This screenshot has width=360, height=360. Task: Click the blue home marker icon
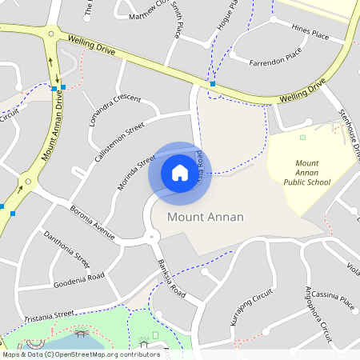pyautogui.click(x=180, y=172)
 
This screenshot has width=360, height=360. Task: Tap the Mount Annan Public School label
pyautogui.click(x=306, y=172)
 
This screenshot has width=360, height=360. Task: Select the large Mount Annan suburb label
pyautogui.click(x=206, y=217)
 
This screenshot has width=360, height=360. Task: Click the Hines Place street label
pyautogui.click(x=310, y=34)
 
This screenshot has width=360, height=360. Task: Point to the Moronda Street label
pyautogui.click(x=135, y=173)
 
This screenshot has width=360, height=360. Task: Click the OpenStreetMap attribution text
pyautogui.click(x=80, y=354)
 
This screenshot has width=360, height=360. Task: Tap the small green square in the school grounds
pyautogui.click(x=302, y=138)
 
